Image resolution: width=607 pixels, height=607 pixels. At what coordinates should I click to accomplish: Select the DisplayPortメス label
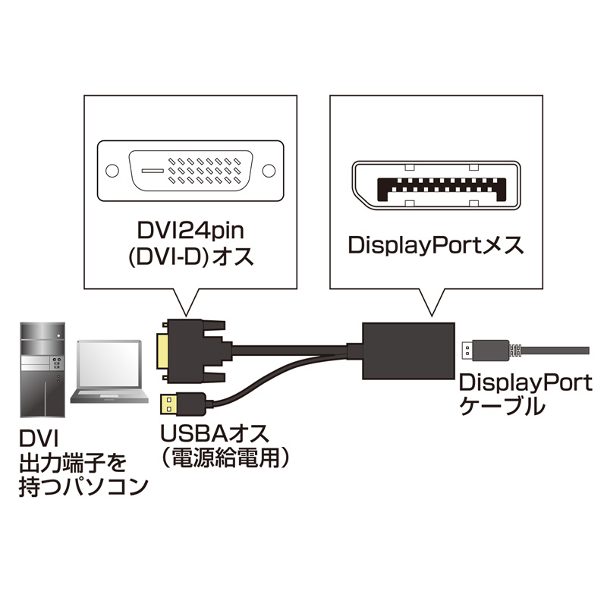click(x=436, y=245)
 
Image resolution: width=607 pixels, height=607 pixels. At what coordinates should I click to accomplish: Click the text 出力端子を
click(x=72, y=461)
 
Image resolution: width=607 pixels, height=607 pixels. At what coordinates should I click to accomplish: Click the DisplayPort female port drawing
click(x=436, y=184)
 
